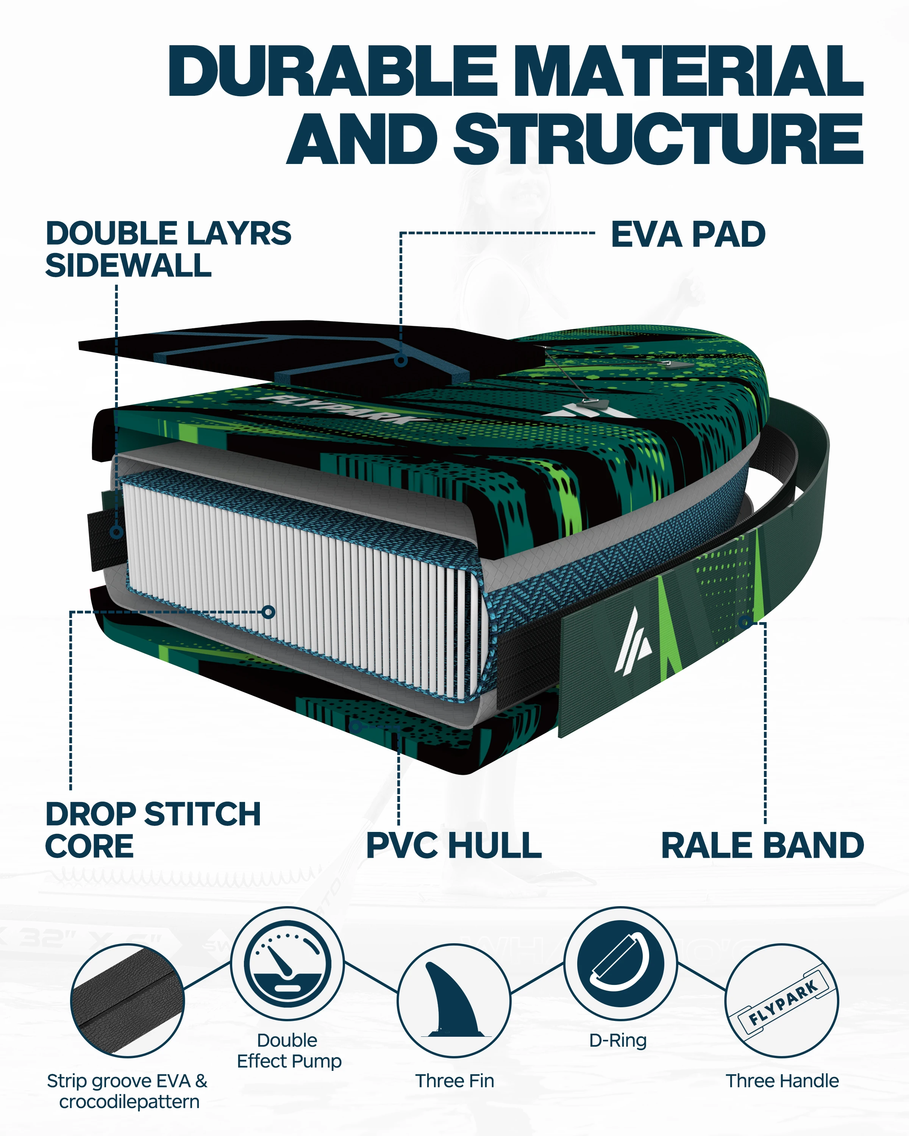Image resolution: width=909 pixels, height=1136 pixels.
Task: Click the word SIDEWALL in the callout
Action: point(128,265)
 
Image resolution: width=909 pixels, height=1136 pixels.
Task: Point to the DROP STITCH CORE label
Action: point(153,830)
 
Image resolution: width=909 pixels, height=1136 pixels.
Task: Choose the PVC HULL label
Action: point(454,846)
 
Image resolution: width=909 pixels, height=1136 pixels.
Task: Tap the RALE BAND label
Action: point(762,846)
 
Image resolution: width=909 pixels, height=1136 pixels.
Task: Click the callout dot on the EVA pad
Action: point(401,361)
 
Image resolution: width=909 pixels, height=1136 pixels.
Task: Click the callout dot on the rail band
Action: point(745,622)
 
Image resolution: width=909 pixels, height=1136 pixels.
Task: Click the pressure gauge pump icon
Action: point(287,964)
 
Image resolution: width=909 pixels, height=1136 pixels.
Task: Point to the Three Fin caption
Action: point(454,1081)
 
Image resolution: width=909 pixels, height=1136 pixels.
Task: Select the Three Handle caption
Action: point(782,1081)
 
